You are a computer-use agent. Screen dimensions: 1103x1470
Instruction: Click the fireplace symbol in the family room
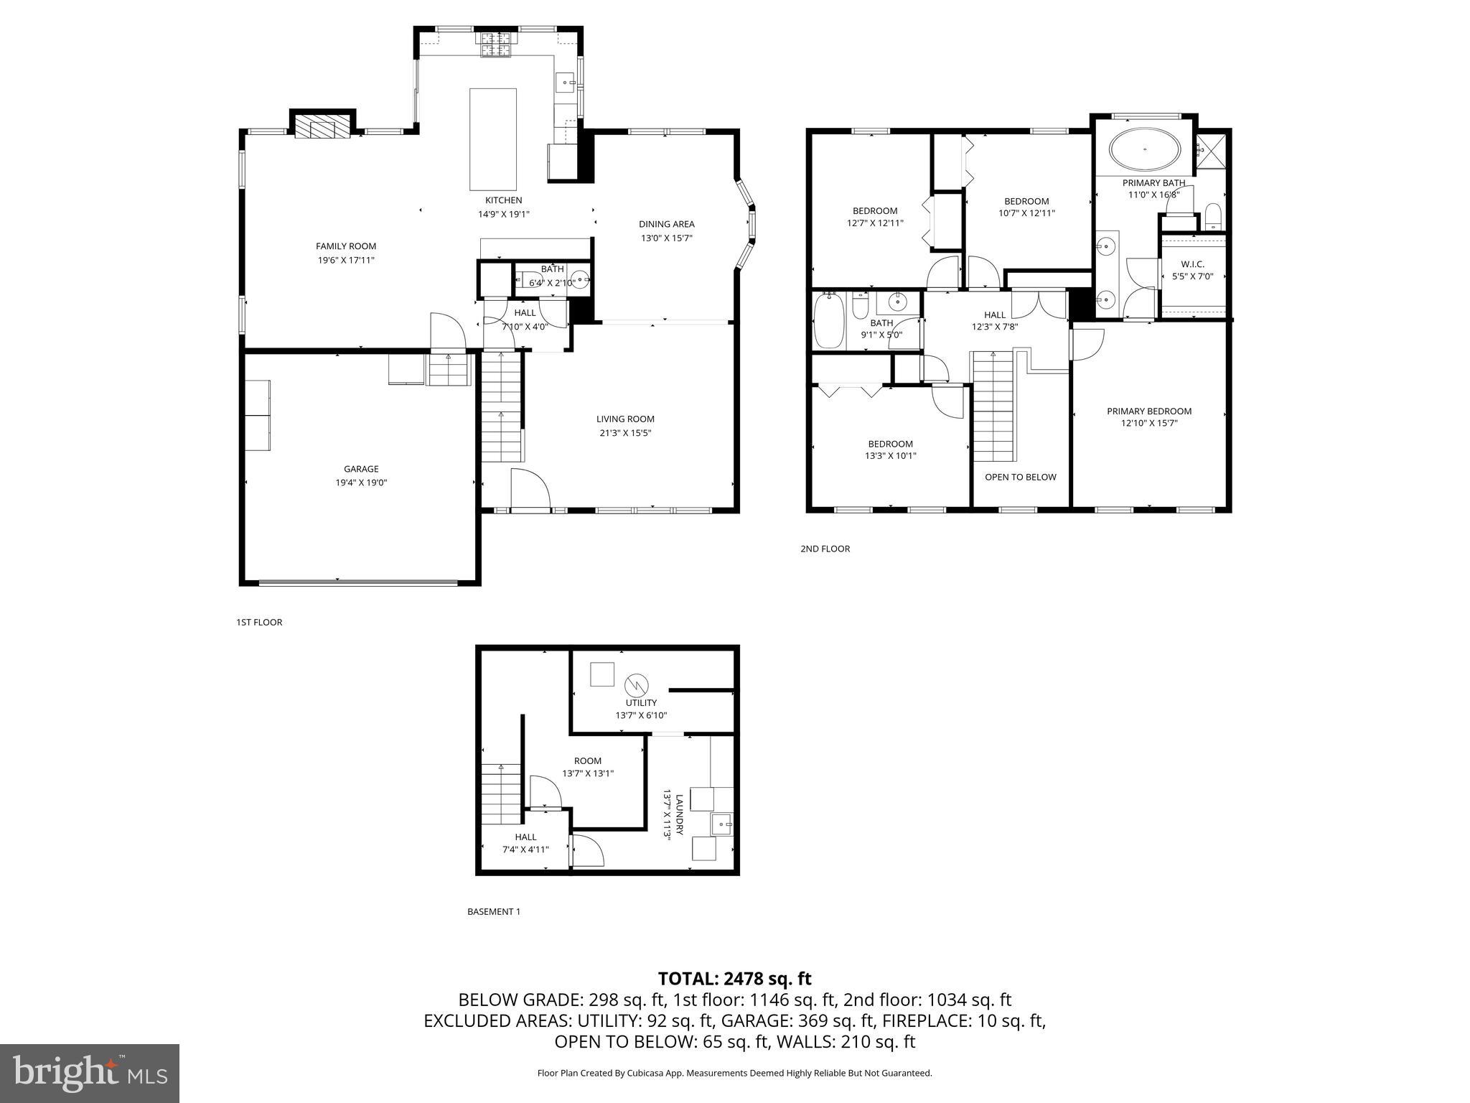point(322,127)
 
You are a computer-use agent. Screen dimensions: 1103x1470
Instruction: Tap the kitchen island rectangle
point(492,139)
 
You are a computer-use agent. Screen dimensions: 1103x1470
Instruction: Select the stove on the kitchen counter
point(495,45)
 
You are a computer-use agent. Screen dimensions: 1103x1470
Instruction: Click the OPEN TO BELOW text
point(1020,477)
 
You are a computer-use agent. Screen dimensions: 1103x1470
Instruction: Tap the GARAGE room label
point(361,469)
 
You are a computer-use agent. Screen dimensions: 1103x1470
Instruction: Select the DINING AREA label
point(666,224)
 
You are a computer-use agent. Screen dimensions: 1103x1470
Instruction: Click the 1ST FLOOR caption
point(259,623)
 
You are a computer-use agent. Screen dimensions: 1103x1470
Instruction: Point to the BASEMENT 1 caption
point(493,912)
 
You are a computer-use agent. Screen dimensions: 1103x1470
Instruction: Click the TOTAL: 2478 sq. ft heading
point(734,978)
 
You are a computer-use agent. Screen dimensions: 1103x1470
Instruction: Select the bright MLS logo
point(90,1073)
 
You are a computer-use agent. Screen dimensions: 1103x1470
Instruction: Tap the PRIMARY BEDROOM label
point(1148,411)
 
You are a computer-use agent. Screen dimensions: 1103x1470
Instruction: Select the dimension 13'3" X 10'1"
point(890,455)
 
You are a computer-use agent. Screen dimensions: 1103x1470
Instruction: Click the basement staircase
point(500,794)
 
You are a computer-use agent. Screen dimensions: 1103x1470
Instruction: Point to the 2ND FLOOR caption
point(825,549)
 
